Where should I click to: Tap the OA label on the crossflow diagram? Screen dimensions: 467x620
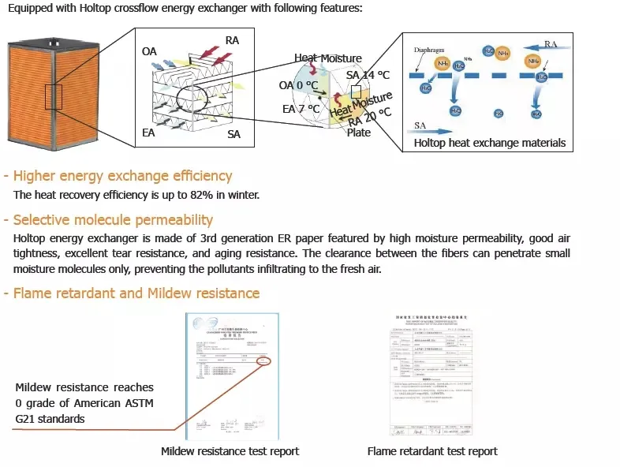tap(149, 51)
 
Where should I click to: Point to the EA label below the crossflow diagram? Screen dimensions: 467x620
tap(148, 133)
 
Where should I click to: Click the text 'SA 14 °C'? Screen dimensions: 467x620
tap(368, 75)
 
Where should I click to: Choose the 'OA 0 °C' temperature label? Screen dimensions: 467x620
tap(298, 85)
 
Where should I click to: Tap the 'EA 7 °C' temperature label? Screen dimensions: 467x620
tap(301, 109)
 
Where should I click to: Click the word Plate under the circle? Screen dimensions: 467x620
tap(358, 133)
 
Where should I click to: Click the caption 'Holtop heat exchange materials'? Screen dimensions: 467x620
tap(490, 143)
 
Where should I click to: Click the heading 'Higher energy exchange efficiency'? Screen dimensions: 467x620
tap(122, 176)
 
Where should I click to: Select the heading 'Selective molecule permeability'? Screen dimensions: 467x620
tap(113, 220)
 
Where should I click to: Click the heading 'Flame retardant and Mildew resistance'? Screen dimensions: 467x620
tap(136, 293)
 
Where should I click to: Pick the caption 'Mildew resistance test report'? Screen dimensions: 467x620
tap(230, 451)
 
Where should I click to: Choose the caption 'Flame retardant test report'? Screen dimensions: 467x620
tap(432, 451)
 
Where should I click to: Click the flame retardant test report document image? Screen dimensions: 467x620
tap(431, 375)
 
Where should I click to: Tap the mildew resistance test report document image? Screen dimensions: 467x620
tap(230, 375)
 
